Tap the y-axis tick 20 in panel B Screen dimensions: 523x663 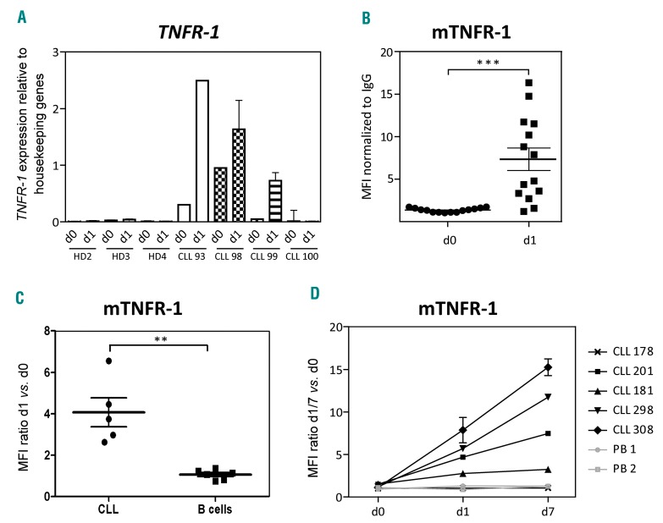(378, 52)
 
